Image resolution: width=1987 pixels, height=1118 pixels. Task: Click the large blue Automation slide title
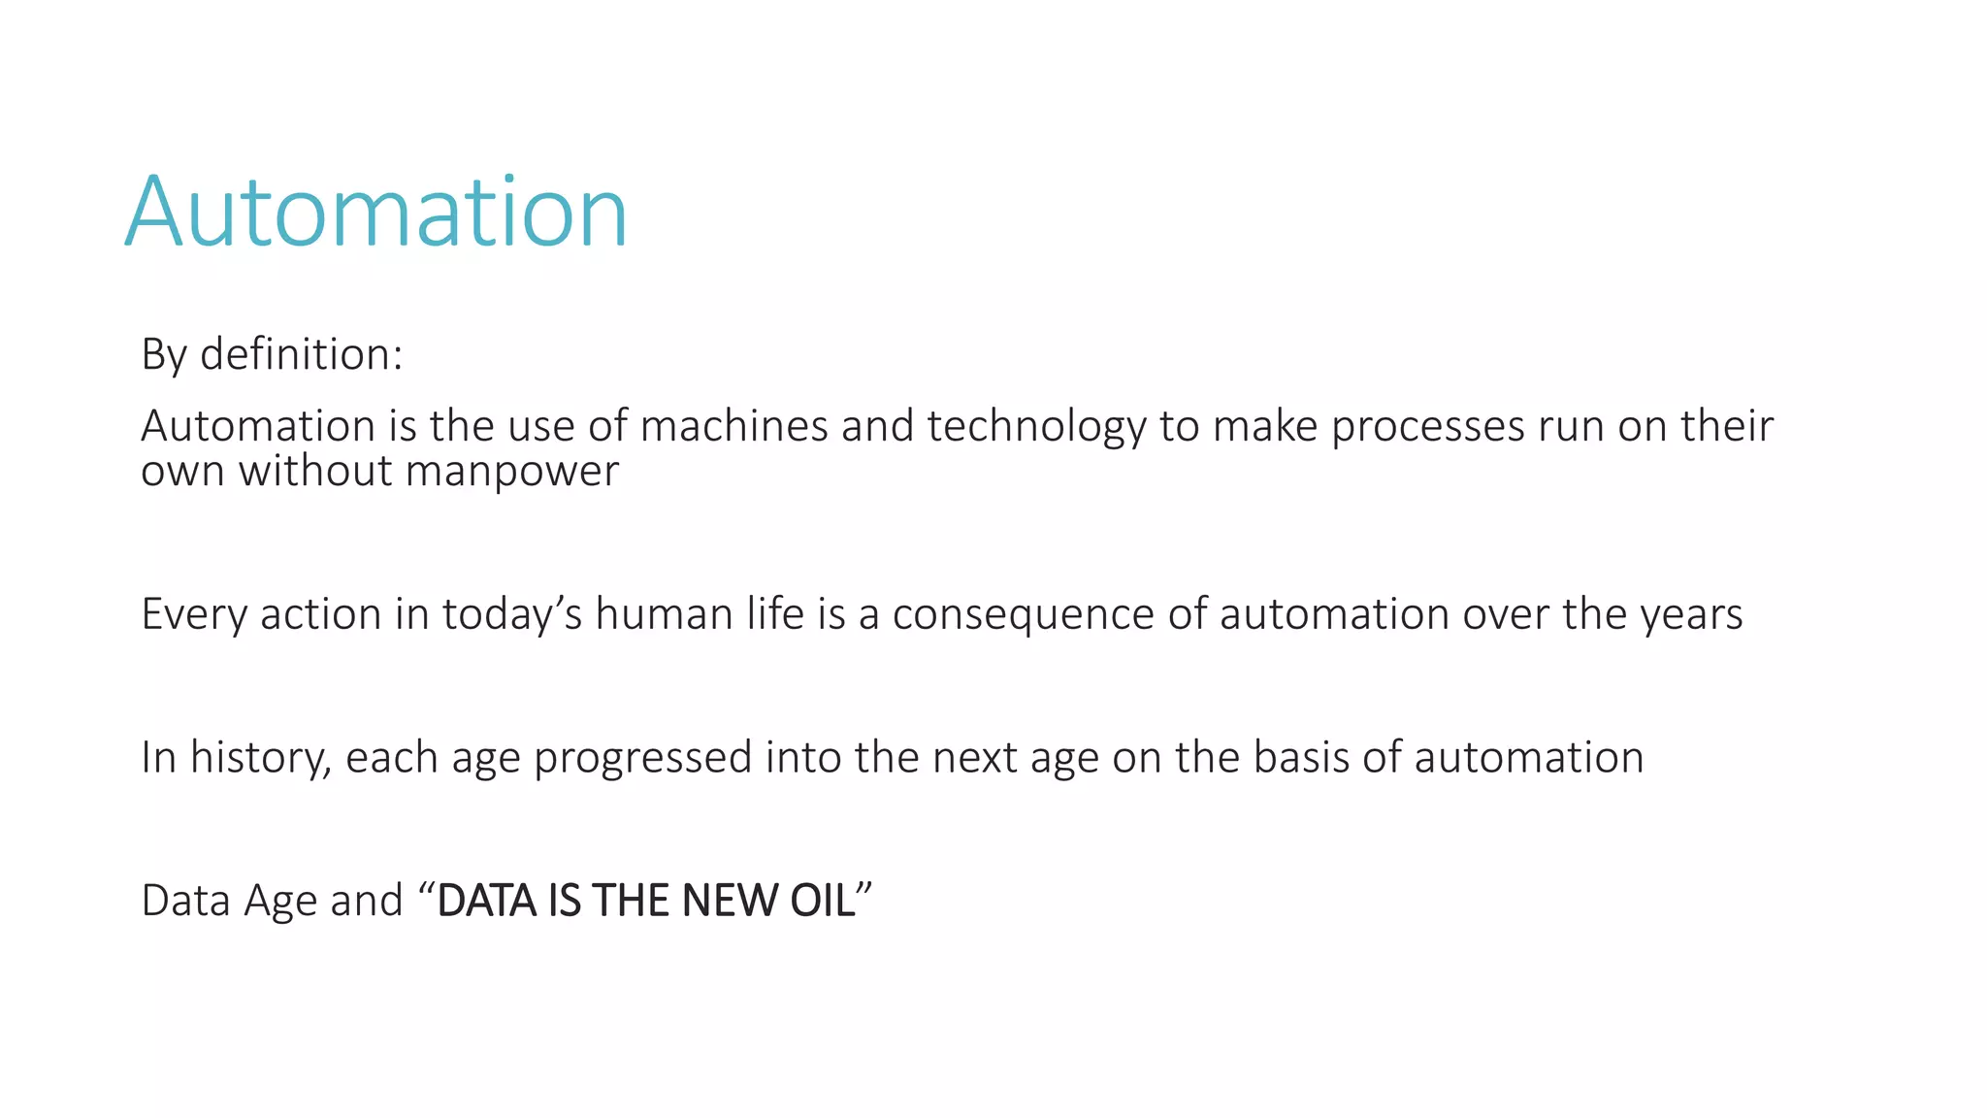point(376,212)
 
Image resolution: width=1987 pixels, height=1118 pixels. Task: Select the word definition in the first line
point(301,354)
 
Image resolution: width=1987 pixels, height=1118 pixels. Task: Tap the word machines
point(733,426)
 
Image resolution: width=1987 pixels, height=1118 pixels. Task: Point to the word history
point(260,758)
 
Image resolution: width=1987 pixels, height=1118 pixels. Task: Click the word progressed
point(642,758)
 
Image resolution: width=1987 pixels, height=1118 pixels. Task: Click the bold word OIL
point(823,901)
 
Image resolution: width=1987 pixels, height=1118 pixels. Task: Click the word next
point(975,758)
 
